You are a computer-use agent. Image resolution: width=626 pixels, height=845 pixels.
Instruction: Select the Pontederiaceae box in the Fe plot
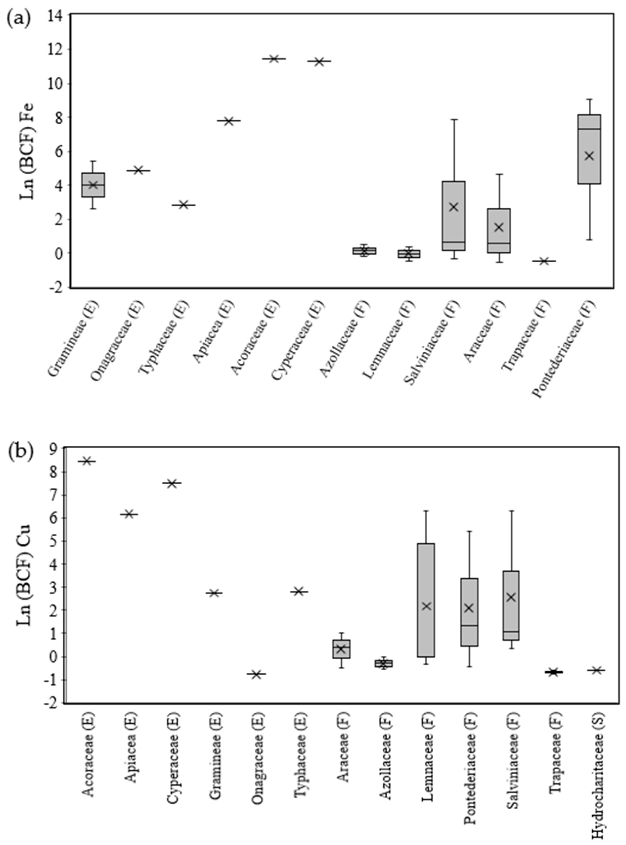[589, 149]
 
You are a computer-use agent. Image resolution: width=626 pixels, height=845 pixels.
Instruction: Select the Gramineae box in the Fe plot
[93, 185]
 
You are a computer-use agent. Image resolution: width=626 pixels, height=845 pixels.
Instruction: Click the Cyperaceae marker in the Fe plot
[319, 61]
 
